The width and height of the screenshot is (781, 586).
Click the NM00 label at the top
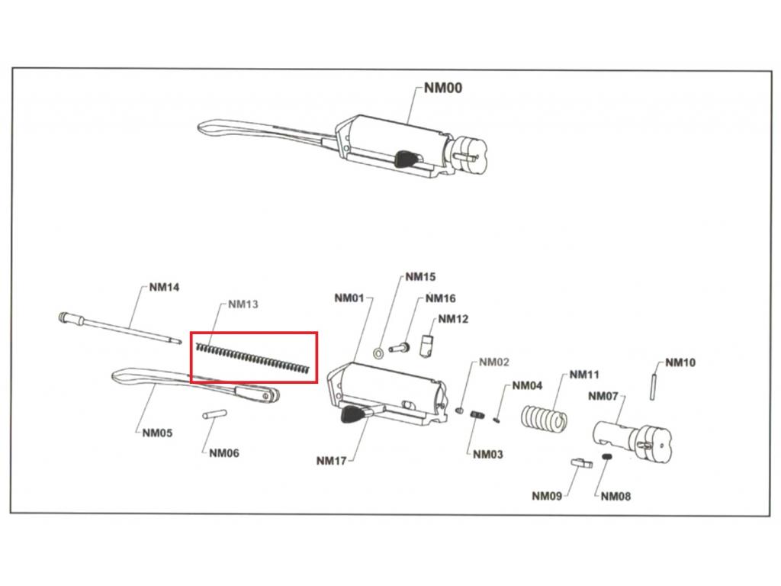[443, 88]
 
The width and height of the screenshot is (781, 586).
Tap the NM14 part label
[164, 288]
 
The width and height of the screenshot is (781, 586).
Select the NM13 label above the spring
[243, 304]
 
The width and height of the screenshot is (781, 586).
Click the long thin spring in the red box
[254, 358]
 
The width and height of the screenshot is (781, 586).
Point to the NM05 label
[157, 433]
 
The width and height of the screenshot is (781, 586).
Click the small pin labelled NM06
[210, 416]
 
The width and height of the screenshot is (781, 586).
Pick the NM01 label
[349, 298]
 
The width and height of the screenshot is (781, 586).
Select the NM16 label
[440, 298]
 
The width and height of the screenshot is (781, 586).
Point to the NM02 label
[493, 362]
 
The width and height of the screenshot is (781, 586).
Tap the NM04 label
[527, 386]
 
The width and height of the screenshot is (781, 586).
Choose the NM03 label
[488, 455]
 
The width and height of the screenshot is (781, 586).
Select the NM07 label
[603, 396]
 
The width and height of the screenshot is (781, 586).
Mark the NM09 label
[547, 496]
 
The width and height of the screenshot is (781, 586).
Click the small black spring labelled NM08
[608, 456]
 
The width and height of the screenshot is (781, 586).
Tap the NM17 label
[331, 460]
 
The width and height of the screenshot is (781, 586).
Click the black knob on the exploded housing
[353, 415]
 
